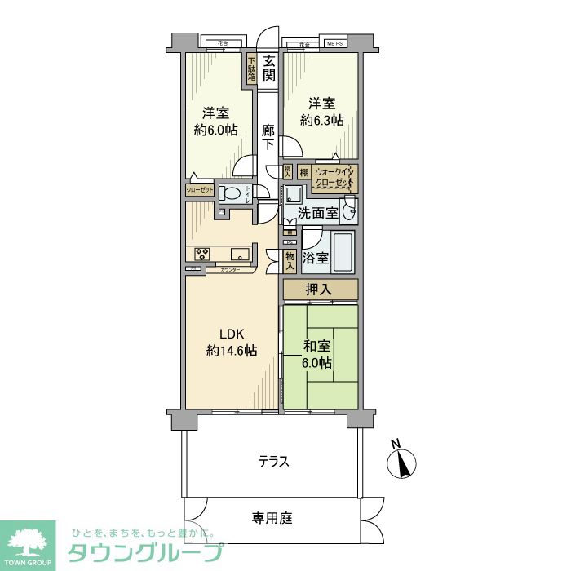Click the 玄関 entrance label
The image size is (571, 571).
coord(269,68)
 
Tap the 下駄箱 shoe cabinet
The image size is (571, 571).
coord(252,69)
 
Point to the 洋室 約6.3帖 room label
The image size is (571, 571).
coord(321,112)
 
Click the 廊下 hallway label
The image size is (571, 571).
coord(268,136)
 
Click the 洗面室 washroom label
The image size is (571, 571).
coord(317,215)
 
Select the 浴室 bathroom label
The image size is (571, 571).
coord(316,259)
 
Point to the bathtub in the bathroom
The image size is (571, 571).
coord(344,254)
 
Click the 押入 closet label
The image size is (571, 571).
coord(320,290)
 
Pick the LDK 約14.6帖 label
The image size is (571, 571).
coord(232,342)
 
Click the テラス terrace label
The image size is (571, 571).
coord(274,462)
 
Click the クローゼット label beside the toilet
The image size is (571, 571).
coord(200,189)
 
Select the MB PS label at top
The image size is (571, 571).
coord(335,42)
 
